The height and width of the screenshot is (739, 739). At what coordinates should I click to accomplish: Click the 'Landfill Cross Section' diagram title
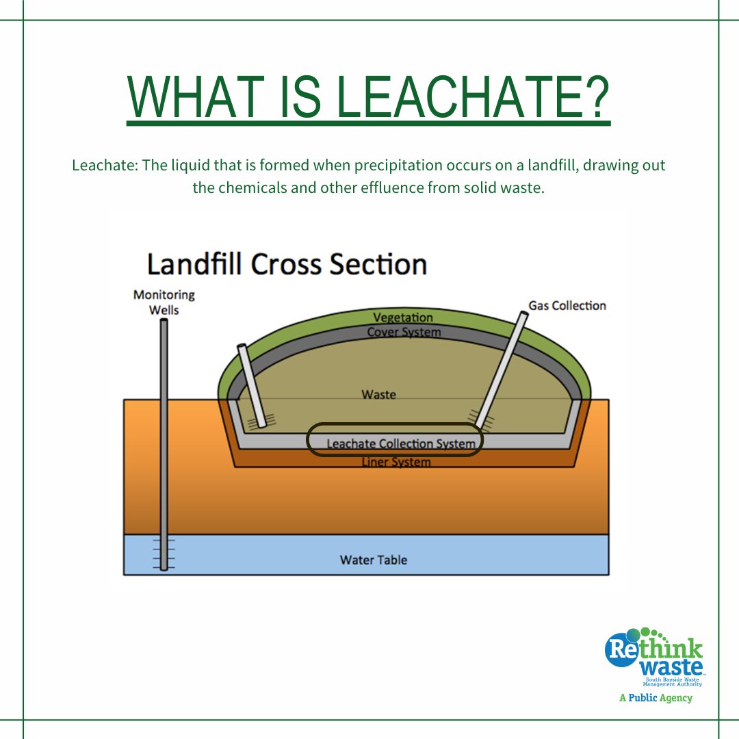(x=287, y=265)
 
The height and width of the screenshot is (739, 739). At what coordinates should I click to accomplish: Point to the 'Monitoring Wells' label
(x=164, y=302)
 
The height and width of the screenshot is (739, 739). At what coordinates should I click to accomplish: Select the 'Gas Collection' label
(x=567, y=305)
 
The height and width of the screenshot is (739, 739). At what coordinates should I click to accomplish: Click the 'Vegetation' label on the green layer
(x=403, y=318)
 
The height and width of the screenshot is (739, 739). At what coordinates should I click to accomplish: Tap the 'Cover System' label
(x=404, y=333)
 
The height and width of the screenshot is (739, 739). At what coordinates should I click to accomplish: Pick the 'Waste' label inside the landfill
(x=379, y=394)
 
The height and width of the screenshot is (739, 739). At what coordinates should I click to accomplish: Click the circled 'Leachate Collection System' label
(x=400, y=443)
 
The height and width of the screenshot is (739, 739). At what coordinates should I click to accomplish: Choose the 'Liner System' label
(x=396, y=462)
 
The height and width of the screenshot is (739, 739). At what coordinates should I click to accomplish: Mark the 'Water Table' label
(x=374, y=560)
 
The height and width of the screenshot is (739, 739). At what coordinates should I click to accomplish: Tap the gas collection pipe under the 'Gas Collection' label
(x=503, y=369)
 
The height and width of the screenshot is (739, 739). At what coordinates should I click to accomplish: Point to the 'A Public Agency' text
(x=656, y=698)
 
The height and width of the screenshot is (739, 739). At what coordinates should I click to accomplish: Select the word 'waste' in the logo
(x=671, y=666)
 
